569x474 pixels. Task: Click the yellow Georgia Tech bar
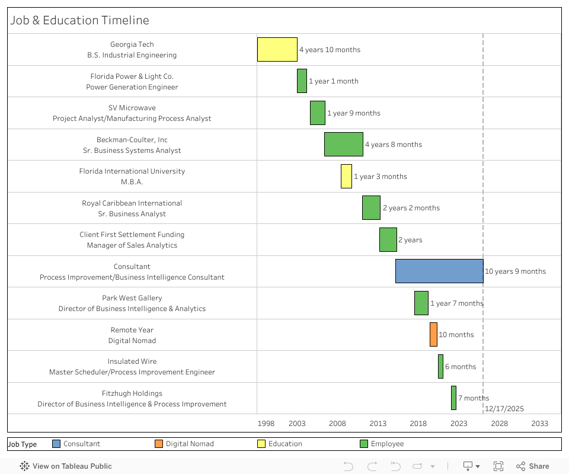277,49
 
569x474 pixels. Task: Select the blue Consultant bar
439,271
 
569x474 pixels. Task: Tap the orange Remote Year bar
433,334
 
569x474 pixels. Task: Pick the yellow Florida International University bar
346,176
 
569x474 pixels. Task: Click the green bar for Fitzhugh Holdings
453,398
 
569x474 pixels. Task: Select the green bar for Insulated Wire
440,366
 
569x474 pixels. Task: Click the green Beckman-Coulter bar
343,144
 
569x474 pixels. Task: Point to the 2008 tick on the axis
337,424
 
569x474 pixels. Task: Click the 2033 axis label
539,424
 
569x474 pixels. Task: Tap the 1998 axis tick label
266,424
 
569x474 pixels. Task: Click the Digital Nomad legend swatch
158,444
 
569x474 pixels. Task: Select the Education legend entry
284,444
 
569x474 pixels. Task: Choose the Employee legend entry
387,444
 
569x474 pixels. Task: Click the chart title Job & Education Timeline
79,20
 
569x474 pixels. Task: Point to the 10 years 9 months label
515,271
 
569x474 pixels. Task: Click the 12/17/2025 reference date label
504,409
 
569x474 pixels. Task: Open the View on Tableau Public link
66,466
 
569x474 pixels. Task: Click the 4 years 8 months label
393,145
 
